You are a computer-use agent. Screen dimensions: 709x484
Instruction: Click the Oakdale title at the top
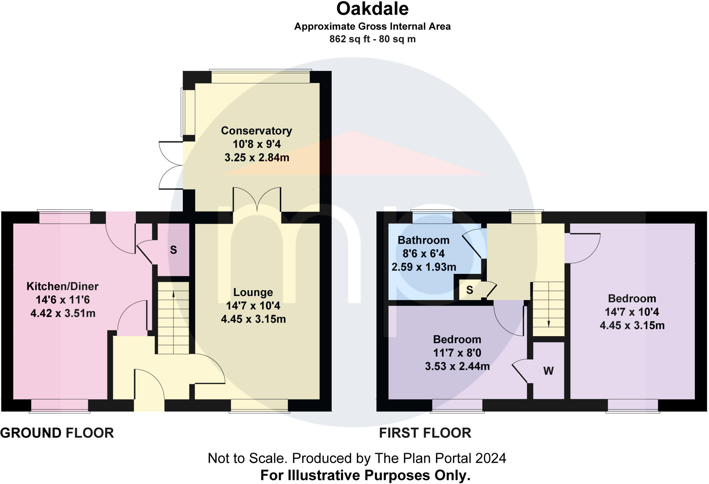pyautogui.click(x=372, y=9)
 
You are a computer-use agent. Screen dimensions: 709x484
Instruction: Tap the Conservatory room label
pyautogui.click(x=257, y=131)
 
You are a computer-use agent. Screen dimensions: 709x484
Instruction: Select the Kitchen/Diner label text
pyautogui.click(x=62, y=286)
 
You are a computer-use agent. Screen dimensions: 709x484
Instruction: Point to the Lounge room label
pyautogui.click(x=253, y=293)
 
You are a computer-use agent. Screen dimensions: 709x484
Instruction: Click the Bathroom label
pyautogui.click(x=423, y=240)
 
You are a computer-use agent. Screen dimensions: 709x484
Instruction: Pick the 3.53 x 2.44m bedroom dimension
pyautogui.click(x=457, y=366)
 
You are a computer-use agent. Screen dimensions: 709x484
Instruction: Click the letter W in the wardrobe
pyautogui.click(x=548, y=371)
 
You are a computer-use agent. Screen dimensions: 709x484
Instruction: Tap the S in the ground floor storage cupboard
pyautogui.click(x=173, y=250)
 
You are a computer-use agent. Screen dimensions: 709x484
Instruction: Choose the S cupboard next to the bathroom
pyautogui.click(x=469, y=290)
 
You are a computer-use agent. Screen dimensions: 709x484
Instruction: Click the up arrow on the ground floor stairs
pyautogui.click(x=173, y=294)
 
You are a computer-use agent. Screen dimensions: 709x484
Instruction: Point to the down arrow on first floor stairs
pyautogui.click(x=549, y=323)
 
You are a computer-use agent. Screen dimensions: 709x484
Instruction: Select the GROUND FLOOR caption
pyautogui.click(x=57, y=433)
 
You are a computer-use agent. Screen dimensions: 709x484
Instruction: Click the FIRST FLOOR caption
pyautogui.click(x=425, y=433)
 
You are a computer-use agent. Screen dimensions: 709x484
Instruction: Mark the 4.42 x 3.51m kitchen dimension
pyautogui.click(x=63, y=314)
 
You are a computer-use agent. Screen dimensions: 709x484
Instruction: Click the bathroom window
pyautogui.click(x=432, y=217)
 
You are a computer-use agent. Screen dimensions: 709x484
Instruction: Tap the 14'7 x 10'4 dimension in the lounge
pyautogui.click(x=253, y=306)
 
